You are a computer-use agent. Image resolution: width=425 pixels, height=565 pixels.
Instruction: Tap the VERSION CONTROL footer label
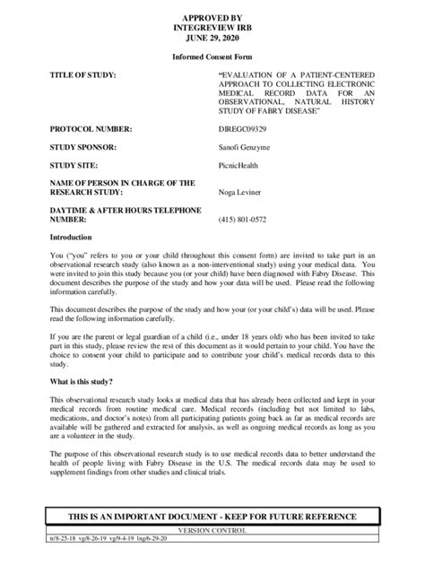212,530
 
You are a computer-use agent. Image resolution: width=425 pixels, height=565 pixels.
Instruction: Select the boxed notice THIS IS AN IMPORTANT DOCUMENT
212,517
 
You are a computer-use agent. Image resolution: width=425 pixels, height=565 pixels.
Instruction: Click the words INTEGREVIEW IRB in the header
212,27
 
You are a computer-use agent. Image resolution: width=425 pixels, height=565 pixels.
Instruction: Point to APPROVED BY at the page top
212,16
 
